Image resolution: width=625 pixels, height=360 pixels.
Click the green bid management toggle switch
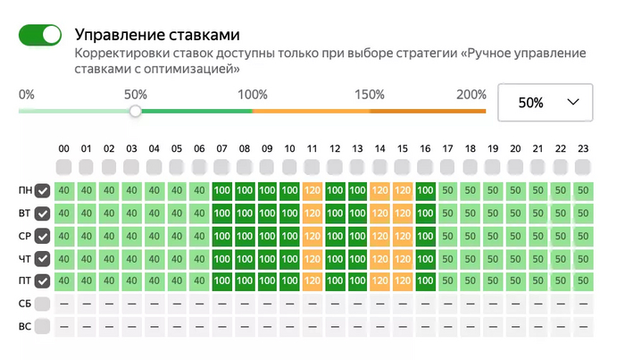click(40, 35)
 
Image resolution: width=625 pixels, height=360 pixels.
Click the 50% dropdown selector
click(545, 103)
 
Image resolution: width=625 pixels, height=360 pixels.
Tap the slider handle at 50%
click(135, 112)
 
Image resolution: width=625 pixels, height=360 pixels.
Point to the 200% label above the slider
click(471, 95)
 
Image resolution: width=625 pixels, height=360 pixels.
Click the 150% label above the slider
click(369, 95)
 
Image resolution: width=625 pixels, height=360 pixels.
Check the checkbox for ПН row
click(42, 191)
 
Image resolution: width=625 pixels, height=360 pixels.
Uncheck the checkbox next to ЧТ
click(42, 259)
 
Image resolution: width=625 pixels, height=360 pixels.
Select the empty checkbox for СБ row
click(42, 304)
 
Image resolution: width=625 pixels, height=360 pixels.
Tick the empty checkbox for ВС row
click(42, 327)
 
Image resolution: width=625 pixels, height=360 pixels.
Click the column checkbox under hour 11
click(312, 167)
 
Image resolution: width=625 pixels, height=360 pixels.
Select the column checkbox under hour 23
click(583, 167)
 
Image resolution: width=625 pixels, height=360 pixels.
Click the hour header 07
click(221, 148)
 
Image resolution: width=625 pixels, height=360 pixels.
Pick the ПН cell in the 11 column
click(312, 191)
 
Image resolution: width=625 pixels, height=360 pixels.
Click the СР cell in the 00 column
click(63, 237)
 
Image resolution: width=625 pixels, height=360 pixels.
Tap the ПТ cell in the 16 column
click(425, 281)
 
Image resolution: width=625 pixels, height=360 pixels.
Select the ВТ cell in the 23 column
click(583, 213)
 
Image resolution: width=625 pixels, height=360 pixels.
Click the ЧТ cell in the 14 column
click(380, 259)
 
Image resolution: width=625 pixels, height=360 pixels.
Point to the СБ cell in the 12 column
click(335, 304)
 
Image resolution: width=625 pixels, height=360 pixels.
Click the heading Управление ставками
click(157, 36)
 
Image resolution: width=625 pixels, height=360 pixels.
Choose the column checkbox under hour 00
click(63, 167)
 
